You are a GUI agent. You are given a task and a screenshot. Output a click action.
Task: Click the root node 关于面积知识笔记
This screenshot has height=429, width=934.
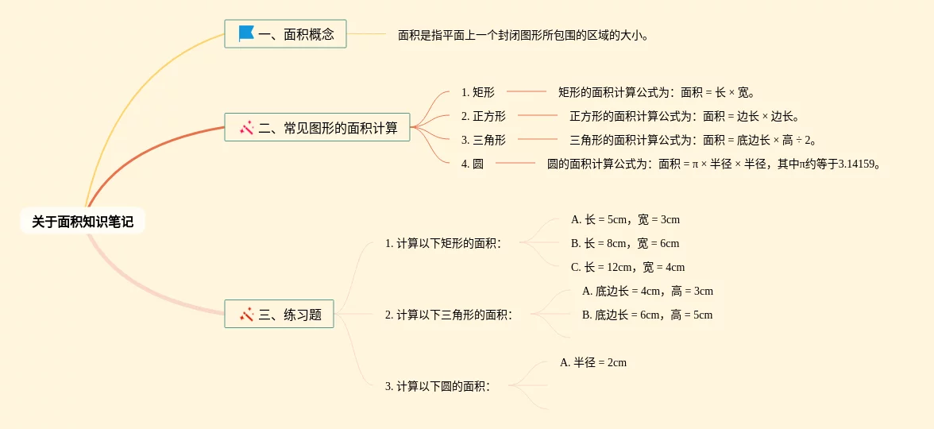(83, 222)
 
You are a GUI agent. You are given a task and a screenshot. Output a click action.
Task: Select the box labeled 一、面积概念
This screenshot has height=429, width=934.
(286, 34)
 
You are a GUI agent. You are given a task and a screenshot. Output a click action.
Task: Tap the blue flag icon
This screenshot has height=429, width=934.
(246, 34)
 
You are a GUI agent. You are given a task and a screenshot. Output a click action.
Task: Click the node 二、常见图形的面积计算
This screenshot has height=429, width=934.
(318, 127)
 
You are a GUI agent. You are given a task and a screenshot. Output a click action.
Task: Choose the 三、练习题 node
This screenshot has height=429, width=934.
(280, 314)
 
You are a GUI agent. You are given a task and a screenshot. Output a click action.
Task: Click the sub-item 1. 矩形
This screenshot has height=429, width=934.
(477, 92)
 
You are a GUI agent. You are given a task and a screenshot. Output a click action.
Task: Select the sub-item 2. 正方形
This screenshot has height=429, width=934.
(483, 116)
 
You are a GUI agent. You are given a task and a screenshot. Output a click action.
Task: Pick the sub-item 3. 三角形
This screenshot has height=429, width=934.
(483, 140)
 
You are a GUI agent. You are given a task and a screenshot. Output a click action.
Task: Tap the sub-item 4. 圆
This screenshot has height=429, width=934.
(472, 164)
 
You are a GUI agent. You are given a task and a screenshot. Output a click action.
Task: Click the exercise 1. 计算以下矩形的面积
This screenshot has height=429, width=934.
(443, 243)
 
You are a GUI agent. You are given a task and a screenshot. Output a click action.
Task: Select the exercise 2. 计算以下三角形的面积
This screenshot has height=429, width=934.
(449, 315)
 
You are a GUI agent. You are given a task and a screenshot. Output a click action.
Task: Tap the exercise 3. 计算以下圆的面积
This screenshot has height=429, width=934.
(438, 386)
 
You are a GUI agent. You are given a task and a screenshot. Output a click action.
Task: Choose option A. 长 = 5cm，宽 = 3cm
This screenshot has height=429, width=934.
(625, 219)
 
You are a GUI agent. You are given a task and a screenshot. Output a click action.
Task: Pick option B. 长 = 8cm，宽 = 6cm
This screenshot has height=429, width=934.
(625, 243)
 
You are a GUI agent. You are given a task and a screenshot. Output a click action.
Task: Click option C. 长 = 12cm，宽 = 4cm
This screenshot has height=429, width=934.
(627, 267)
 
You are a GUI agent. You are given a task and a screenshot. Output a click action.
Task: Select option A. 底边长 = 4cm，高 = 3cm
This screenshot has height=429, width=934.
(647, 291)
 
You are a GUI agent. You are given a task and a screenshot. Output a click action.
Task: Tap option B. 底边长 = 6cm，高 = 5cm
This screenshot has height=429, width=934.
(647, 315)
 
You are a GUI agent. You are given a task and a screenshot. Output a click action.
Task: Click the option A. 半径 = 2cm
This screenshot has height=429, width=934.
(593, 362)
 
